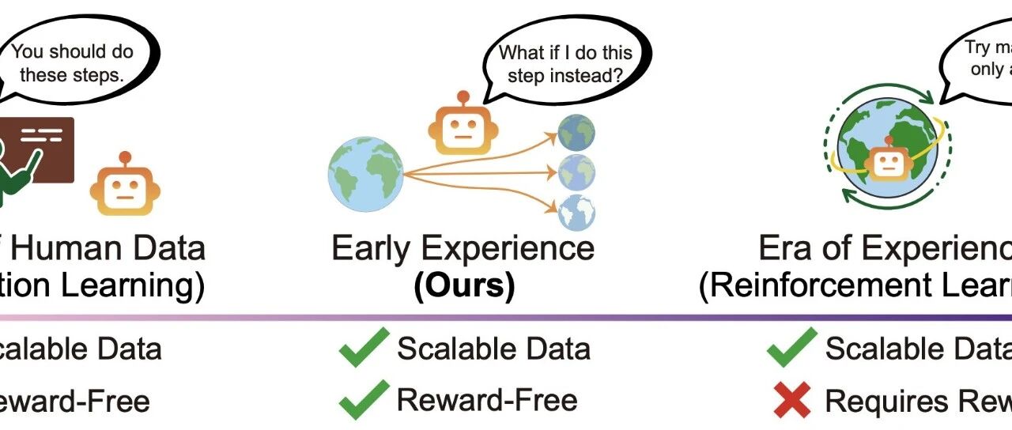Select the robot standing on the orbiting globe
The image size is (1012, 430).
point(886,160)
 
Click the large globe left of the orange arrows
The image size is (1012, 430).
point(366,174)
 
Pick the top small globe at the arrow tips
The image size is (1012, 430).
point(576,133)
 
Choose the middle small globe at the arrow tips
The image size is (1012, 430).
point(576,173)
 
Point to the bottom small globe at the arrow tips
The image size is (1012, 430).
point(576,213)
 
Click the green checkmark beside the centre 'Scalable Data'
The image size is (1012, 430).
point(364,348)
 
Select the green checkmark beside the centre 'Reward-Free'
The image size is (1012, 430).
point(364,400)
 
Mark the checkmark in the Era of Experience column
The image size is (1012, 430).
point(791,348)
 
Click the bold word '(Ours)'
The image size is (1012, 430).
point(463,286)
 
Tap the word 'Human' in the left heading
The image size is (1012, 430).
point(71,248)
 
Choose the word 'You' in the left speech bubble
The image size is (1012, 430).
point(27,53)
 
